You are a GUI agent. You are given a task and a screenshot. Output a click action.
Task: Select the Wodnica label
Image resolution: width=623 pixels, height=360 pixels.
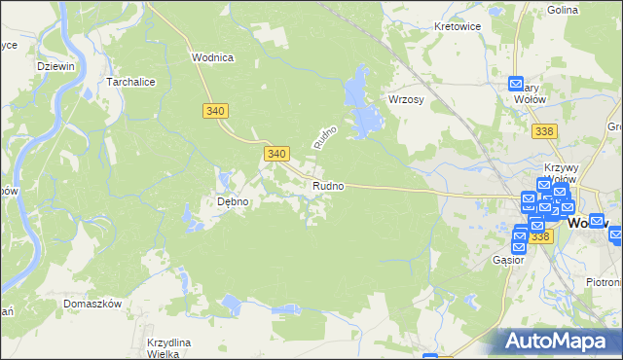tap(211, 57)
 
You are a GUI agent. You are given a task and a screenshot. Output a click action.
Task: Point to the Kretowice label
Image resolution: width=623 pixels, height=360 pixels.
tap(458, 26)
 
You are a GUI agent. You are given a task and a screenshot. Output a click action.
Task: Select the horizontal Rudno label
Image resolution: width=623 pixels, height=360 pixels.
tap(327, 186)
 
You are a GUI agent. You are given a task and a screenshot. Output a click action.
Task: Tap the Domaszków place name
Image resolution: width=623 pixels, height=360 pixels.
tap(92, 304)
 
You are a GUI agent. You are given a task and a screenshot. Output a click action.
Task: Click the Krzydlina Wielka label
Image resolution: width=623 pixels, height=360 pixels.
tap(168, 348)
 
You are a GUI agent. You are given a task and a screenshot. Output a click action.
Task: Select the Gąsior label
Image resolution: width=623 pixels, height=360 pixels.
tap(508, 260)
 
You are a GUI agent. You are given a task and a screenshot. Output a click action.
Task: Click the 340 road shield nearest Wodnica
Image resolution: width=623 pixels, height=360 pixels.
tap(216, 111)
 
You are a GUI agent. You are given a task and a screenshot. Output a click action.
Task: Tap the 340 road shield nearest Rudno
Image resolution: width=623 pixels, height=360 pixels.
tap(276, 154)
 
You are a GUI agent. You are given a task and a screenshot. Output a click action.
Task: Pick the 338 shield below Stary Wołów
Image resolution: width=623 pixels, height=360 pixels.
tap(546, 130)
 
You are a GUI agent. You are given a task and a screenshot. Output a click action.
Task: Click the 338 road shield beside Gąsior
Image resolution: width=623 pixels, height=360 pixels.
tap(540, 236)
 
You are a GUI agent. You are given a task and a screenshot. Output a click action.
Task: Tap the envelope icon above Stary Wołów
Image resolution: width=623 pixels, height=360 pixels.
tap(517, 84)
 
